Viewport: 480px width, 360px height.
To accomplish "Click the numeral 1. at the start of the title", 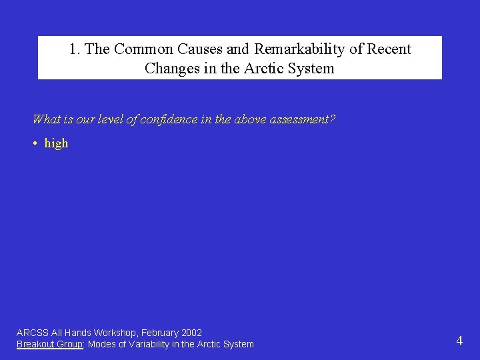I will tap(75, 49).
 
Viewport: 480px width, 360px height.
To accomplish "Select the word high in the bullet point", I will tap(56, 143).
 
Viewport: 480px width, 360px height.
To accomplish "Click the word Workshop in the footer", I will tap(116, 333).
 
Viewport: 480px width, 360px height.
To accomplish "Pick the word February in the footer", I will tap(159, 333).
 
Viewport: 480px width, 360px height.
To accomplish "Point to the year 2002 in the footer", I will tap(191, 333).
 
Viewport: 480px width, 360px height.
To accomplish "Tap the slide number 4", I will tap(459, 341).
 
